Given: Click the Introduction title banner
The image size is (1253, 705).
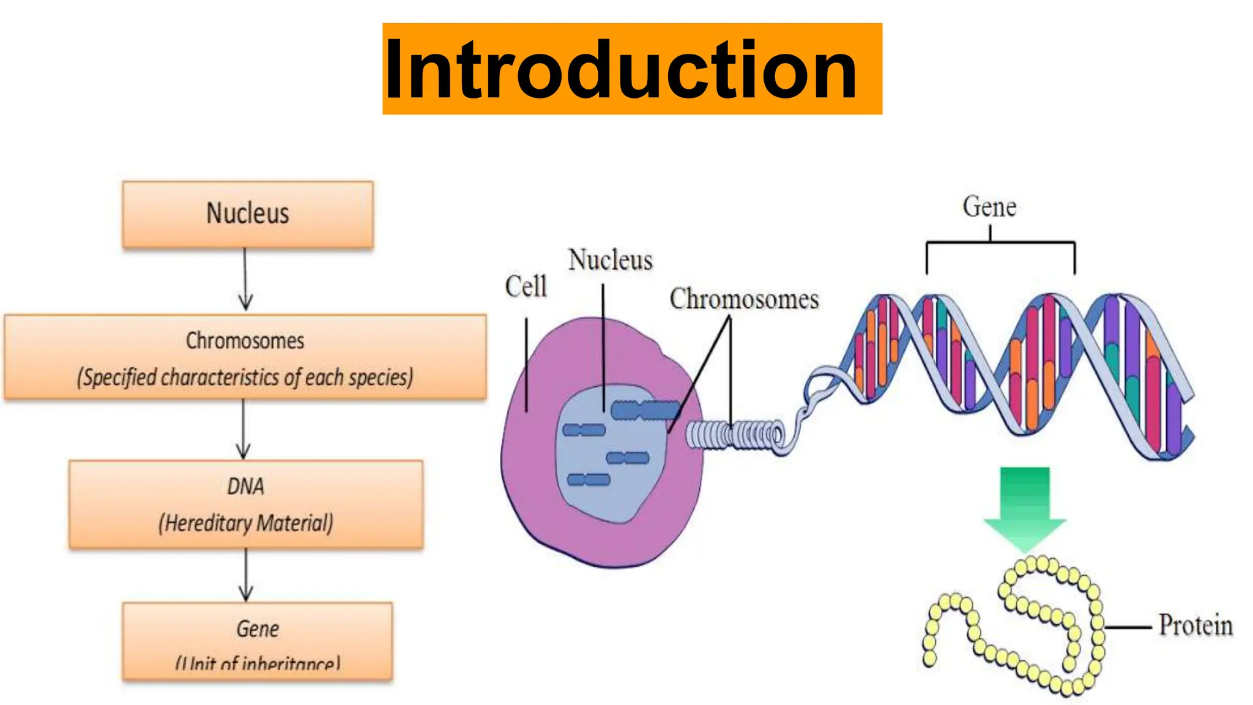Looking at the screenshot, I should (631, 69).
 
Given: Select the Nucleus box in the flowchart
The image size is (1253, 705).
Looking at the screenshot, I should (248, 214).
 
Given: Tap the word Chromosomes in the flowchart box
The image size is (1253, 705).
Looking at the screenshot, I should (245, 341).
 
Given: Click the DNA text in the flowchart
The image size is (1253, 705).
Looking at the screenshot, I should (245, 487).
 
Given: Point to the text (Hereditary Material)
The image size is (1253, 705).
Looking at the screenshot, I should (245, 523).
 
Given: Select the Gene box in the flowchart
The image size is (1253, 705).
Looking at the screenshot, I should (257, 640).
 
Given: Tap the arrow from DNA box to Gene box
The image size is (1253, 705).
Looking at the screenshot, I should (246, 575).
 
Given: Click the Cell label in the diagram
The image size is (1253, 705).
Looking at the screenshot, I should (526, 286).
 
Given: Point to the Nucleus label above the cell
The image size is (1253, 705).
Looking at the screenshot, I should (610, 260).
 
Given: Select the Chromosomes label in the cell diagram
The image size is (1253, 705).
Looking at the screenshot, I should (744, 299).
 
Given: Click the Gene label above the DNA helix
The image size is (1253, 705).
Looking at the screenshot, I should (989, 207).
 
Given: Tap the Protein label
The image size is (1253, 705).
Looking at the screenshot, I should (1195, 625).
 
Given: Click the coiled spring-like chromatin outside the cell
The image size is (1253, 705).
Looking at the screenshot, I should (734, 435).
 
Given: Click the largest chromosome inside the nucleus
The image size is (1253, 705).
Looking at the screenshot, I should (645, 410).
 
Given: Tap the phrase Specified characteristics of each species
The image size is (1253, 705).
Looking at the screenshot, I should (245, 378).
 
